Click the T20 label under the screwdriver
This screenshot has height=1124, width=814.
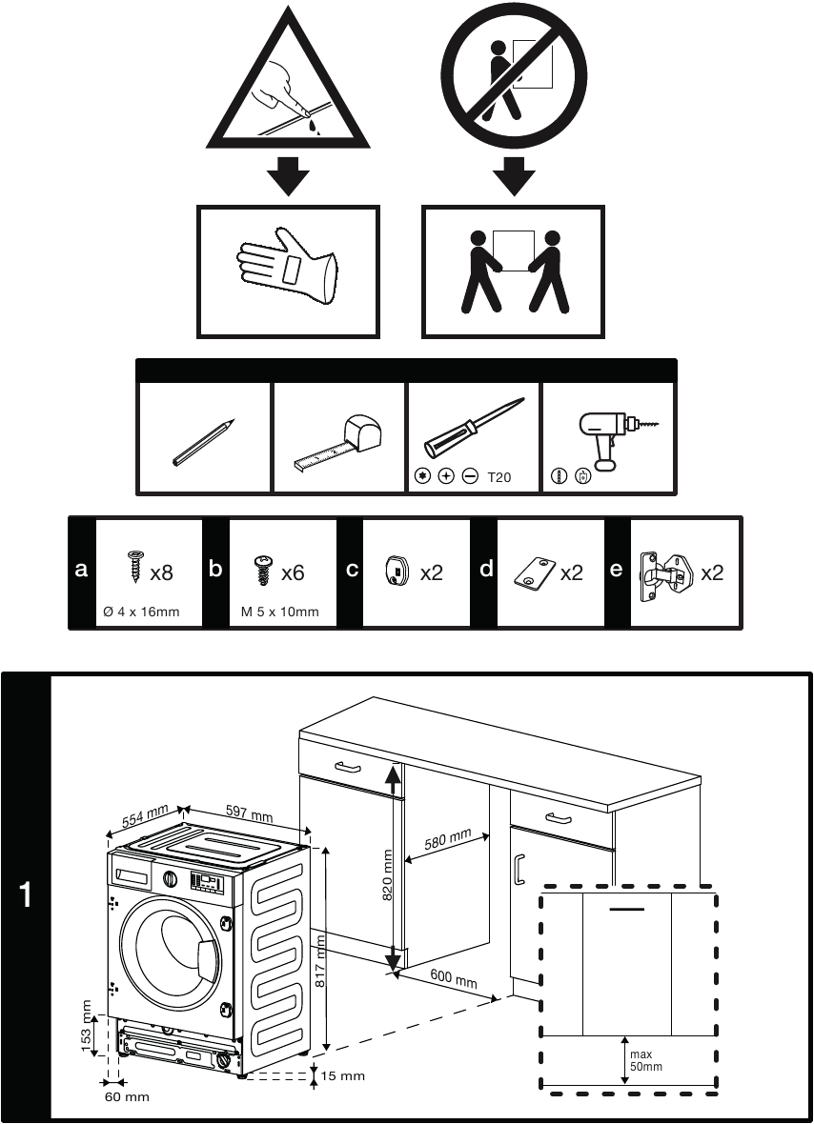coord(499,477)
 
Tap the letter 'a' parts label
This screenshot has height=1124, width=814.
coord(82,571)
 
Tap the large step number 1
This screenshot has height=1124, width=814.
coord(26,895)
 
